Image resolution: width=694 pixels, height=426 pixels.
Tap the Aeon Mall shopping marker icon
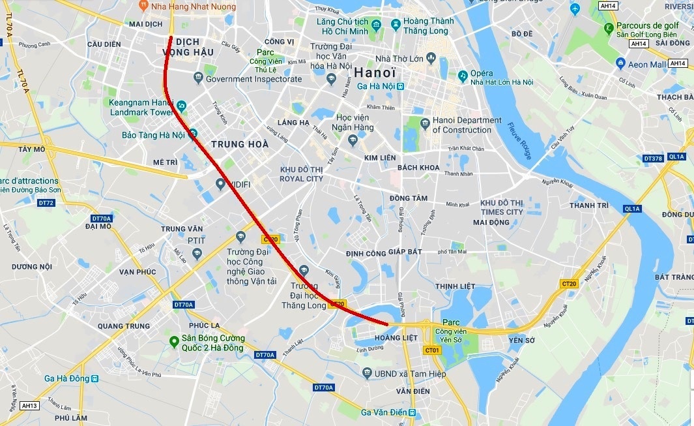pos(620,64)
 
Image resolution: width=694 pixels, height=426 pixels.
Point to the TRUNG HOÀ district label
pos(240,144)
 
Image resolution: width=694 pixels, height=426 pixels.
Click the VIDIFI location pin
pos(220,184)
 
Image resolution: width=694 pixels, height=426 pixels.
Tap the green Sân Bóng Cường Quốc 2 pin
pos(173,342)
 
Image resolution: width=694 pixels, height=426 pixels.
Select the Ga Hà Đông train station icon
pos(95,378)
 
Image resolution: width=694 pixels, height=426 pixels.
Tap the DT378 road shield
pos(652,158)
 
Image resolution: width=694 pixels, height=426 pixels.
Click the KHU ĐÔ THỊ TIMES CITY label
pos(502,207)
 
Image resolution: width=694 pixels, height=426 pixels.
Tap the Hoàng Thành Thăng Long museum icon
pos(396,25)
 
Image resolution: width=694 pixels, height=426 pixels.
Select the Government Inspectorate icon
pos(198,79)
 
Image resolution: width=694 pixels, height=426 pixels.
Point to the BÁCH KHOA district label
pos(418,168)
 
